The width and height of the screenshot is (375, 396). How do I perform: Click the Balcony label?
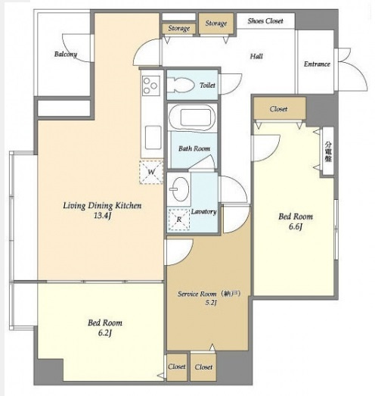pyautogui.click(x=66, y=54)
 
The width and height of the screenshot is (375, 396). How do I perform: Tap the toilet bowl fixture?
pyautogui.click(x=181, y=85)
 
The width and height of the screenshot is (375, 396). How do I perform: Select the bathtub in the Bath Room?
pyautogui.click(x=192, y=117)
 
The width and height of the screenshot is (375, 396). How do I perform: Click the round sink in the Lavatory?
pyautogui.click(x=181, y=189)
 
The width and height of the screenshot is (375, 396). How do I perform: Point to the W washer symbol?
pyautogui.click(x=151, y=172)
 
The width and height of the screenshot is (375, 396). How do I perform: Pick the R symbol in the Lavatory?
pyautogui.click(x=178, y=220)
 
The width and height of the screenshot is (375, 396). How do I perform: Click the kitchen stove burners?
pyautogui.click(x=150, y=86)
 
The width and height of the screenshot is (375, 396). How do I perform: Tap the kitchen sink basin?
pyautogui.click(x=153, y=138)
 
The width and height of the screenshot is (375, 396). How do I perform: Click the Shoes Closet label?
pyautogui.click(x=265, y=21)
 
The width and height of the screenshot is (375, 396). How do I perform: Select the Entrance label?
pyautogui.click(x=317, y=64)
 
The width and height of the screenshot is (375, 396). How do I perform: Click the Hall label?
pyautogui.click(x=256, y=56)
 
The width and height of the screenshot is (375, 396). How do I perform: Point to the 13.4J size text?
pyautogui.click(x=102, y=217)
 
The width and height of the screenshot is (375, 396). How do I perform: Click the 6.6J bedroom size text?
pyautogui.click(x=296, y=227)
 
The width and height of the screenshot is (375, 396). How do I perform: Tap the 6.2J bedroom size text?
pyautogui.click(x=105, y=333)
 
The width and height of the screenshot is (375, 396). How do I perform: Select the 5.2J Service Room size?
pyautogui.click(x=211, y=303)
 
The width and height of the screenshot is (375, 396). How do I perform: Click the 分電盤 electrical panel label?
pyautogui.click(x=328, y=151)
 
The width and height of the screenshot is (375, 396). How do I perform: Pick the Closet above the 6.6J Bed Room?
pyautogui.click(x=280, y=109)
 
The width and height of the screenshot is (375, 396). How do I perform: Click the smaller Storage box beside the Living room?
pyautogui.click(x=178, y=28)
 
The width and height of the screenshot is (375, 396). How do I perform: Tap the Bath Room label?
pyautogui.click(x=194, y=148)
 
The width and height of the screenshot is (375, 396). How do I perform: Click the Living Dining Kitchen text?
pyautogui.click(x=102, y=206)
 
